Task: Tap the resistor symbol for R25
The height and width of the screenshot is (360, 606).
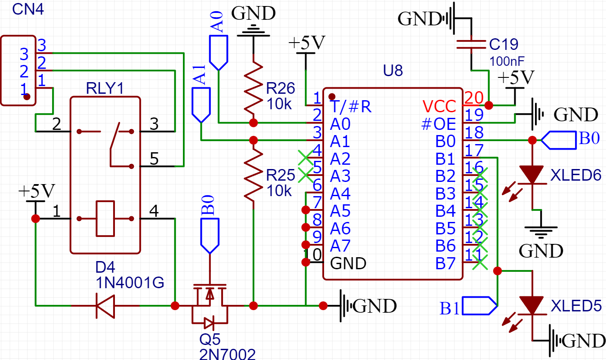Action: coord(254,175)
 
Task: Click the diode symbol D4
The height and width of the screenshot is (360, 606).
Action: coord(105,306)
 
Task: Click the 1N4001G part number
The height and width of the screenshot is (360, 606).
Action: coord(130,283)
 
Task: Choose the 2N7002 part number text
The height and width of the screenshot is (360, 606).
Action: coord(227,354)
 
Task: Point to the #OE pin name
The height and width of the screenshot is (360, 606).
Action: coord(439,124)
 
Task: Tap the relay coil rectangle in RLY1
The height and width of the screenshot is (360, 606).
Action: coord(105,218)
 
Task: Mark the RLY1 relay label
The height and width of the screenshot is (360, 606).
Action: coord(105,89)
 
